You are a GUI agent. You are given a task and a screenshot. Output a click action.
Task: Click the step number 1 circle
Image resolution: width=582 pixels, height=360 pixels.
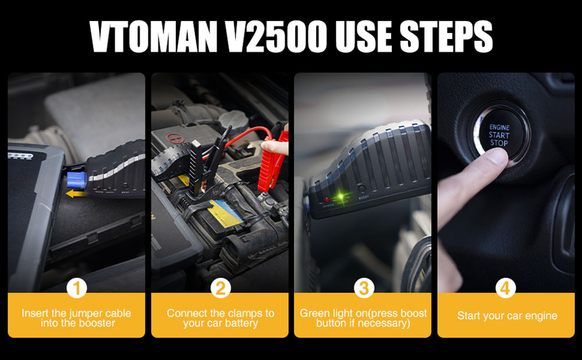coord(76,288)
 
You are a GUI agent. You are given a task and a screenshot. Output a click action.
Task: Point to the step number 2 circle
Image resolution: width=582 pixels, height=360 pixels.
coord(220,288)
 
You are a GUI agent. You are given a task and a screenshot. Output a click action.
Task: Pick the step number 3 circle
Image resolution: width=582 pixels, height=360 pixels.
coord(363,288)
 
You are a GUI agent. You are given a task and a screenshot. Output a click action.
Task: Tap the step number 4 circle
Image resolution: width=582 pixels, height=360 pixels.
coord(506,288)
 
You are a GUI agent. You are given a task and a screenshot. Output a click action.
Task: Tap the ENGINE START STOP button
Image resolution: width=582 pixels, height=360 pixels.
coord(499,135)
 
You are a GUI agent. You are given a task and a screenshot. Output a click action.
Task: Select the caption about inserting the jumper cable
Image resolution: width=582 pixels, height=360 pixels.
coord(76,318)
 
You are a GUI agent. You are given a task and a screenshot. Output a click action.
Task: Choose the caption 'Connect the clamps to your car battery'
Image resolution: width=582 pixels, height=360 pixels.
coord(220,318)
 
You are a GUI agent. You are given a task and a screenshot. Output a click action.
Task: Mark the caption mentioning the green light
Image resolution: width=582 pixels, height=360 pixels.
coord(363,318)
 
